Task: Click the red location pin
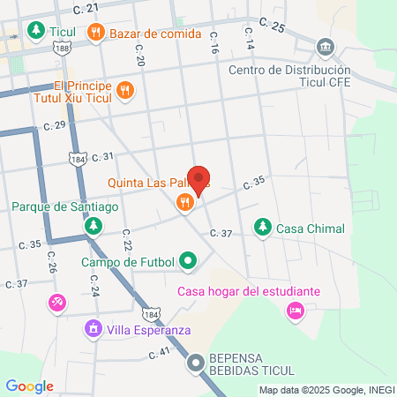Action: click(199, 180)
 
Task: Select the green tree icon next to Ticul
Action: click(35, 33)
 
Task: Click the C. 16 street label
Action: click(213, 49)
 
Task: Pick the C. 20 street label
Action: click(139, 56)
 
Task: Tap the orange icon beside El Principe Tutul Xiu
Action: click(125, 89)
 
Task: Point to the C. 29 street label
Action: click(55, 125)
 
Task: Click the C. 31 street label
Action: click(101, 156)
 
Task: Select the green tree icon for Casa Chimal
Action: click(262, 227)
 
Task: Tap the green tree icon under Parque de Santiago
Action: click(93, 227)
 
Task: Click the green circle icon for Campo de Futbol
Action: click(187, 261)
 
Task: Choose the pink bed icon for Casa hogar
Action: click(295, 310)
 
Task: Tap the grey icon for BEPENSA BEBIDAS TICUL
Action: click(196, 363)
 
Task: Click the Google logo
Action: click(29, 386)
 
